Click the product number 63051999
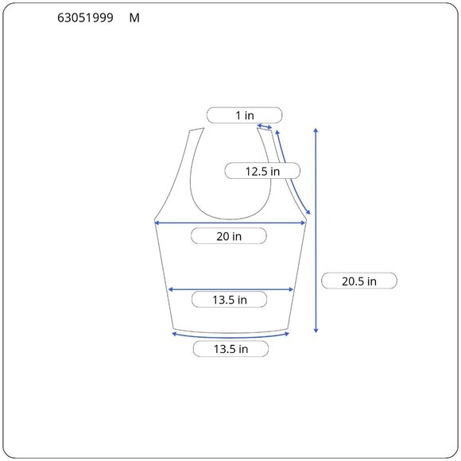click(x=85, y=18)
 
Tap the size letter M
click(x=134, y=18)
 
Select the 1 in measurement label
click(x=245, y=115)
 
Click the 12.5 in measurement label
click(x=262, y=171)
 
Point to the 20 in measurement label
click(x=229, y=236)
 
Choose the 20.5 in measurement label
click(x=359, y=281)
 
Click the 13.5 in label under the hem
click(x=230, y=349)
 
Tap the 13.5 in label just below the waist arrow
click(x=230, y=300)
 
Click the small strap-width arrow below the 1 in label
click(x=265, y=126)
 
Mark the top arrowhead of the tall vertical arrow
click(x=316, y=130)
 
